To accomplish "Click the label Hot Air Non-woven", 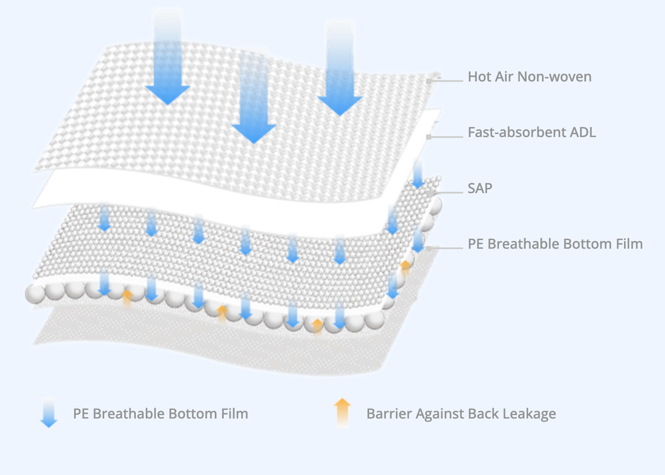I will tap(530, 77).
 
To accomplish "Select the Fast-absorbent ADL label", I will tap(532, 132).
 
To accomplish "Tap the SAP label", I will tap(480, 188).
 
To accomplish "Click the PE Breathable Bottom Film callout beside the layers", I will tap(555, 244).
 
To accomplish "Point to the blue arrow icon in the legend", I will tap(49, 413).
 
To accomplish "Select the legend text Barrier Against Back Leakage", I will tap(461, 414).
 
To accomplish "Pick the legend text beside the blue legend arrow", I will tap(160, 414).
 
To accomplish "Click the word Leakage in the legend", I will tap(529, 414).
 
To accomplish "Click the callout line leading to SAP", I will tap(446, 192).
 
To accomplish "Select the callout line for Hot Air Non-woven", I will tap(446, 81).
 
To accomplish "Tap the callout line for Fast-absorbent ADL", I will tap(446, 137).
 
